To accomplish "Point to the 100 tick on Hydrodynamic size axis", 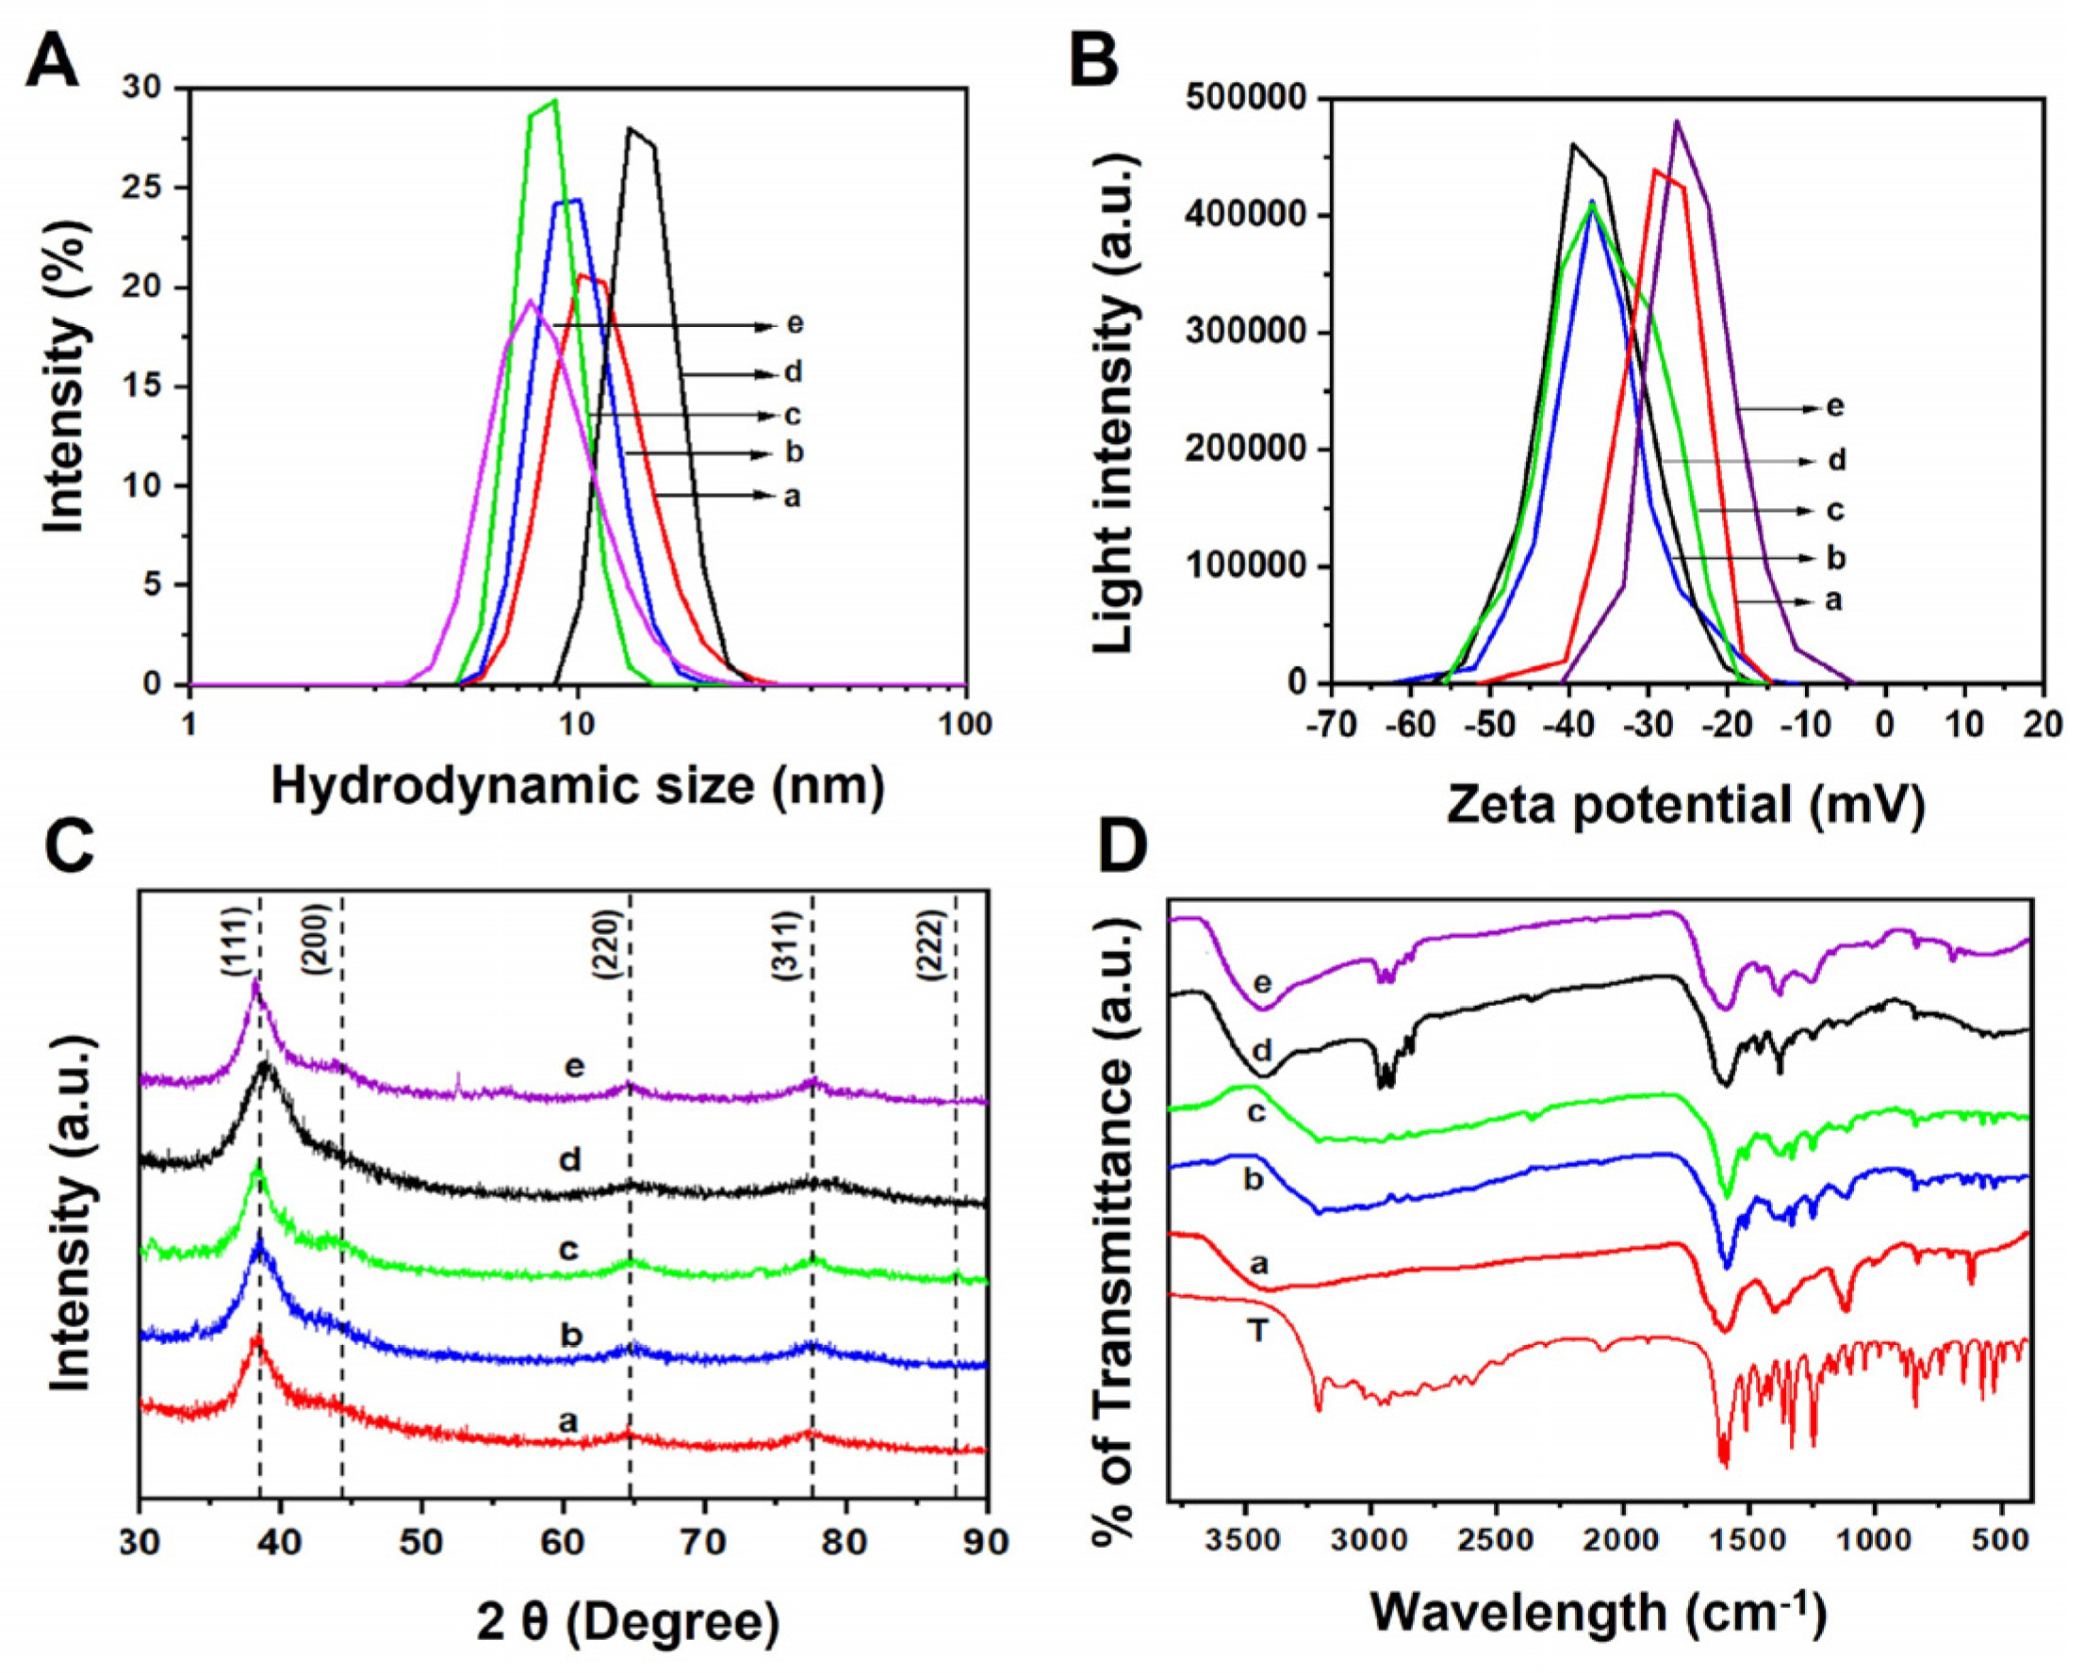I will click(x=963, y=725).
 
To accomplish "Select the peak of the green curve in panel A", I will click(x=555, y=101).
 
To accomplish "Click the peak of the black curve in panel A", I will click(x=631, y=128).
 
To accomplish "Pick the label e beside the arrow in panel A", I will click(x=795, y=324).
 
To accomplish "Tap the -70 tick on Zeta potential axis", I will click(x=1331, y=725).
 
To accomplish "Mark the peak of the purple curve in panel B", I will click(x=1676, y=122).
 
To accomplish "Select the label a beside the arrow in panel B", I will click(x=1832, y=600).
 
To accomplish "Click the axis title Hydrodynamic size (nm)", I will click(x=577, y=786).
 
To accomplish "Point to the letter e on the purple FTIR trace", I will click(x=1262, y=984).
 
